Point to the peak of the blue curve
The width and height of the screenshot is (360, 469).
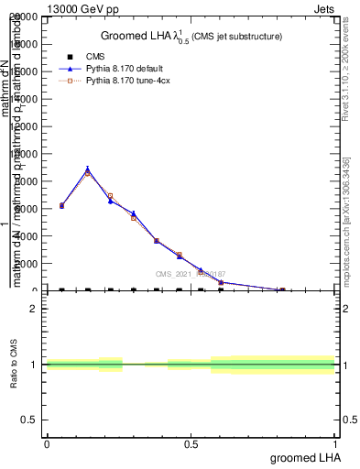(x=87, y=169)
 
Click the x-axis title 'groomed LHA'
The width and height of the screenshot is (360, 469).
(x=302, y=457)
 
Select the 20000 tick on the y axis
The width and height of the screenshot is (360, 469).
(x=24, y=17)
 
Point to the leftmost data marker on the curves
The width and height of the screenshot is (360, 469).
(x=61, y=206)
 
